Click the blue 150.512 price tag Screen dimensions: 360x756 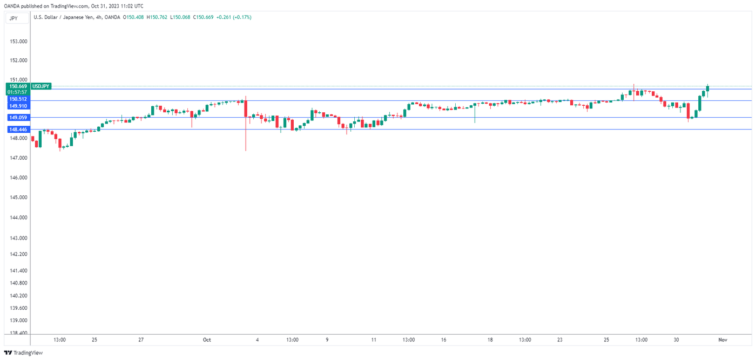[18, 99]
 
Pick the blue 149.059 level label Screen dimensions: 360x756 [18, 117]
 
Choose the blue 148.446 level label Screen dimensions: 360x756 [18, 130]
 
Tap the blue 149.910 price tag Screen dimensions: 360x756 [18, 106]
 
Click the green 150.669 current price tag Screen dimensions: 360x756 [18, 86]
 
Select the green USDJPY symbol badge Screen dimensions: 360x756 [41, 86]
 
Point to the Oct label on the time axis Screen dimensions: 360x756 [206, 339]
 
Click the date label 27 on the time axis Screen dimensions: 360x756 [141, 339]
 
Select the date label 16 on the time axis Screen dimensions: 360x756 [443, 339]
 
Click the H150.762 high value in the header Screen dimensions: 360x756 [157, 17]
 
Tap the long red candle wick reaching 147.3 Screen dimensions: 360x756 [246, 135]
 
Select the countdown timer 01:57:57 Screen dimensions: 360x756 [18, 92]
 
